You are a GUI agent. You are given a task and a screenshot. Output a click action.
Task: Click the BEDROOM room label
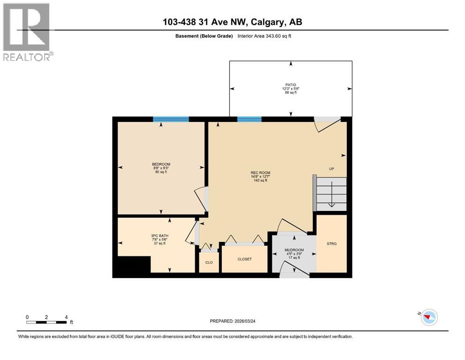[x=161, y=164]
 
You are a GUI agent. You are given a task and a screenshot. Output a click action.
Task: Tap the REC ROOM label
[x=260, y=172]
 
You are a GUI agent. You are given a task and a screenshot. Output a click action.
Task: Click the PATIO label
[x=289, y=85]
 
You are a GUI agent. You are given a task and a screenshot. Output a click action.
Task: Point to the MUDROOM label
[x=294, y=250]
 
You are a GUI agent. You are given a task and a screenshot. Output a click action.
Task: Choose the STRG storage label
[x=332, y=243]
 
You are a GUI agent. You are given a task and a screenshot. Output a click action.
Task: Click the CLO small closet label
[x=209, y=262]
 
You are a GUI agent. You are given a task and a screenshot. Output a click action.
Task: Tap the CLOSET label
[x=244, y=259]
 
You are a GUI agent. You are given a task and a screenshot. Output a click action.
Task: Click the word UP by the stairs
[x=331, y=169]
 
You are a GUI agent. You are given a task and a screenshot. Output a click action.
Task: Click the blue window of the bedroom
[x=171, y=119]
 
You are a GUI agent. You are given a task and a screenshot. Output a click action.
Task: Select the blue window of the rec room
[x=249, y=119]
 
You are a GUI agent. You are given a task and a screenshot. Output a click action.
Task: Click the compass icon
[x=428, y=317]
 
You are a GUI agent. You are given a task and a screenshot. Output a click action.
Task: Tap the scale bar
[x=46, y=322]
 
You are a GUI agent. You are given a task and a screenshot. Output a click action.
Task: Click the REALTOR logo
[x=27, y=32]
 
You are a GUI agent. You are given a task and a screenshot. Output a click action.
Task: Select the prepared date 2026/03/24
[x=232, y=321]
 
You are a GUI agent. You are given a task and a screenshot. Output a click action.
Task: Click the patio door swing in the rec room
[x=326, y=126]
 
